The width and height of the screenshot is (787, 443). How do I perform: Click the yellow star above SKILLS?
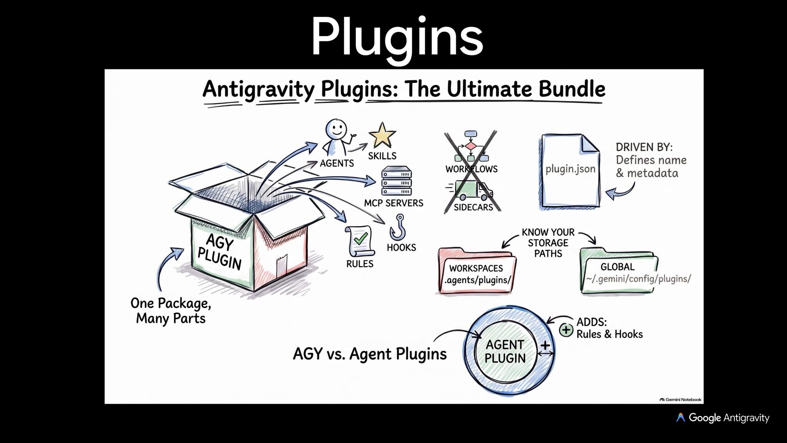(x=382, y=135)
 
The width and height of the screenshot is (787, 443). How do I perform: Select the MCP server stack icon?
(x=396, y=181)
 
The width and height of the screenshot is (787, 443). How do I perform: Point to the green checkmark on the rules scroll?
(x=360, y=238)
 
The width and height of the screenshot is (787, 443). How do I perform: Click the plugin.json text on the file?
(x=570, y=169)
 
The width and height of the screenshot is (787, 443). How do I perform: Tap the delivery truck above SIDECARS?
(x=471, y=190)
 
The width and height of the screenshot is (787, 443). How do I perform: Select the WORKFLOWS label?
(x=471, y=169)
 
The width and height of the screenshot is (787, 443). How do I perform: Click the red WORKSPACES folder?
(x=477, y=271)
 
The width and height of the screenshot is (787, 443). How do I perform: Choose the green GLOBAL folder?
(x=619, y=271)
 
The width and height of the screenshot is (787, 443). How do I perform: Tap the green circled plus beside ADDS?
(x=566, y=329)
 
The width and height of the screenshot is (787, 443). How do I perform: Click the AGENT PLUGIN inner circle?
(x=505, y=352)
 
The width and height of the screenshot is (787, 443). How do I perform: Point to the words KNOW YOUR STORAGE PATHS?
(x=548, y=243)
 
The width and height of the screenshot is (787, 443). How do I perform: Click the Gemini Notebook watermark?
(x=680, y=400)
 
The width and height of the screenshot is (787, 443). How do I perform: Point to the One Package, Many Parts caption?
(x=171, y=311)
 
